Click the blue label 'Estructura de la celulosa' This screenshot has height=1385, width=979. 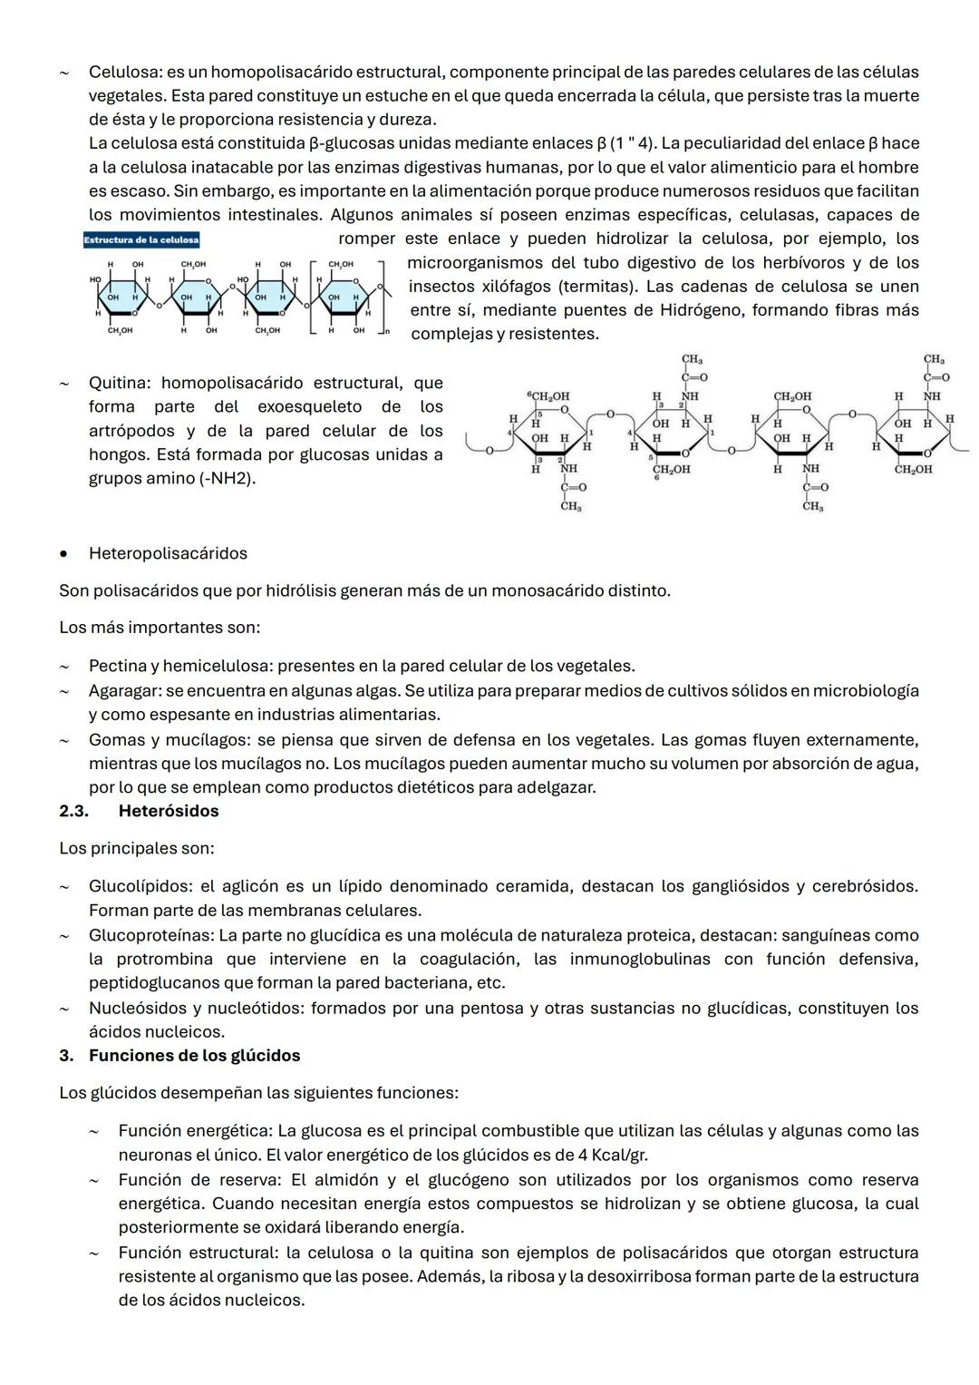click(x=141, y=240)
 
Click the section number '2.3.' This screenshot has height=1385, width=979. click(x=73, y=811)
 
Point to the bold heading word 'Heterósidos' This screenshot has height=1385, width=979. click(x=169, y=811)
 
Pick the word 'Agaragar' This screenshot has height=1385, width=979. click(x=123, y=691)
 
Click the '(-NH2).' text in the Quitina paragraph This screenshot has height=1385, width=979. click(x=227, y=478)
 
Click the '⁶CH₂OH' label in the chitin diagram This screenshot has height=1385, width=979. click(x=548, y=397)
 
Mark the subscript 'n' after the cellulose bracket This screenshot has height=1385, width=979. click(x=386, y=332)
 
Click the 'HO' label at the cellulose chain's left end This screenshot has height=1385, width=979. click(x=95, y=279)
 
